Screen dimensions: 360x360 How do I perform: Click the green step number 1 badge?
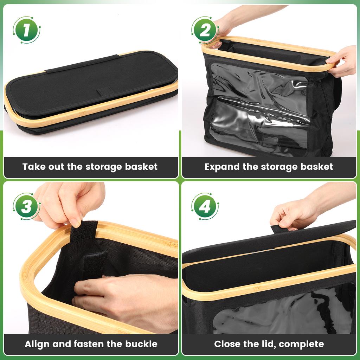[x=26, y=30]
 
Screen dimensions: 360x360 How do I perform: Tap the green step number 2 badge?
[x=205, y=30]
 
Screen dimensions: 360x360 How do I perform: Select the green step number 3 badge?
[x=26, y=206]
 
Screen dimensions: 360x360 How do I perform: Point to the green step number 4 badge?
[x=205, y=206]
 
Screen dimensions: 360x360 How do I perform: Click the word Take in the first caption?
[x=33, y=167]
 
